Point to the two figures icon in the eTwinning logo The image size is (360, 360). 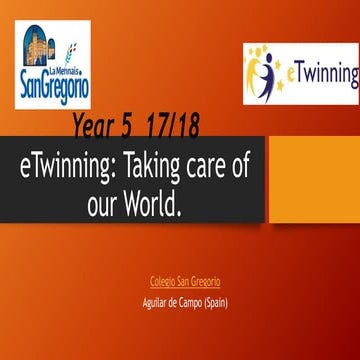[267, 74]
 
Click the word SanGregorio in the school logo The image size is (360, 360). [54, 86]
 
